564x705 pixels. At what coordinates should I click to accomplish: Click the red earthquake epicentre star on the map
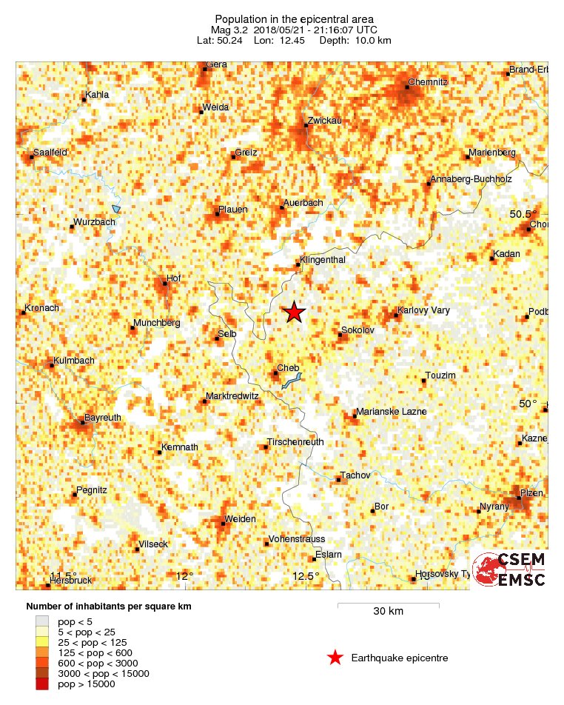[x=295, y=313]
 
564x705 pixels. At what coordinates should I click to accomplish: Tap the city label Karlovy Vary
[x=423, y=310]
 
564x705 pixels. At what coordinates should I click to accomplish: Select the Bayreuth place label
[x=102, y=418]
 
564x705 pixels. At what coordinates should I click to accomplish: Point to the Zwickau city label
[x=323, y=119]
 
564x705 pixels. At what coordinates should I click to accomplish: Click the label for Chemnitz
[x=428, y=82]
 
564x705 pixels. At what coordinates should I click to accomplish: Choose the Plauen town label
[x=232, y=210]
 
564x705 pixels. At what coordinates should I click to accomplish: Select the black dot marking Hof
[x=165, y=283]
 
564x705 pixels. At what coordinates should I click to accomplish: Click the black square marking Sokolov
[x=340, y=335]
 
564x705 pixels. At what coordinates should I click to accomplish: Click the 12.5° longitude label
[x=306, y=576]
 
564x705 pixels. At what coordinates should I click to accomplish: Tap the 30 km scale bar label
[x=388, y=612]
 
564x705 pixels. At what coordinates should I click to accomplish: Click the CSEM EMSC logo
[x=509, y=569]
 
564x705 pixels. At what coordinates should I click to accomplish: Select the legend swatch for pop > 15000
[x=42, y=684]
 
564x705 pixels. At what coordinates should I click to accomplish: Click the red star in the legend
[x=335, y=658]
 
